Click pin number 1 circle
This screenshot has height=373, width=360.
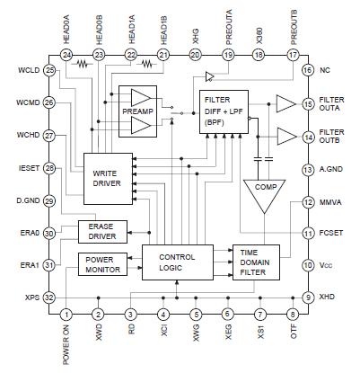pos(66,315)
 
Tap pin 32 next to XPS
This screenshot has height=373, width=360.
pos(49,298)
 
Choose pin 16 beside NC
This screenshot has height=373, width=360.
pos(306,70)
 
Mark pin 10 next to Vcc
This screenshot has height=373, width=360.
pos(306,266)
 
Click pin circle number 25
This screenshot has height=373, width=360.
pos(49,70)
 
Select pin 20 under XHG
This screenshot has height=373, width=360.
pos(195,55)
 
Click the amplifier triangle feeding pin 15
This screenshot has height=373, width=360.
pos(285,103)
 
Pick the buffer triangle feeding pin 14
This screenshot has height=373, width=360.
pos(285,136)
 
